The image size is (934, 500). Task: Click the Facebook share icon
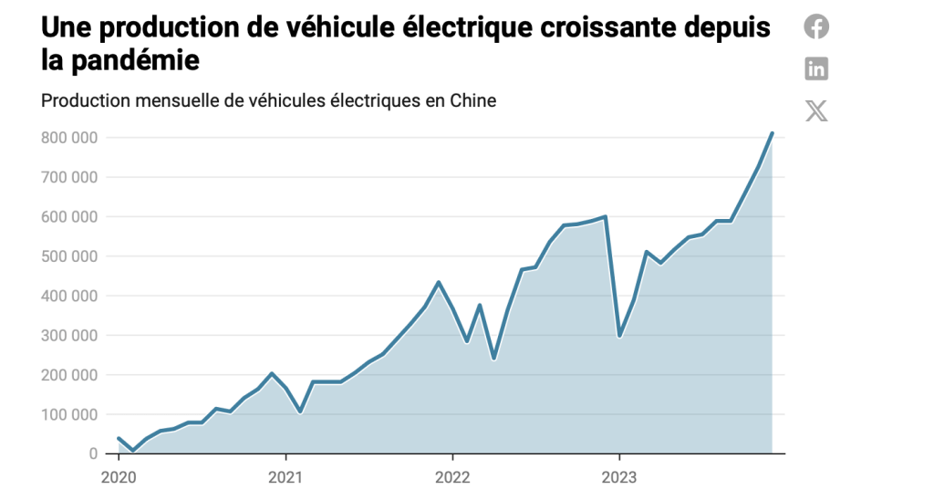coord(816,26)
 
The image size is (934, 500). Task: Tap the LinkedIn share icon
coord(816,68)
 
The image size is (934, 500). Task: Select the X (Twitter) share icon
coord(816,111)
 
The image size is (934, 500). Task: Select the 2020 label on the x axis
coord(118,476)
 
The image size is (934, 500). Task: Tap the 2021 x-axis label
coord(285,476)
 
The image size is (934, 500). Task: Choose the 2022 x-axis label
coord(452,476)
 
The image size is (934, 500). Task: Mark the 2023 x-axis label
coord(619,476)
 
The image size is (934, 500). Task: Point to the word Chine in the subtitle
coord(472,100)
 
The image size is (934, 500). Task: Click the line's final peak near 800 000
coord(772,133)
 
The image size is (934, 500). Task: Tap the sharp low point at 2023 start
coord(619,337)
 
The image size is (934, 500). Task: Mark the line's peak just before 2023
coord(606,216)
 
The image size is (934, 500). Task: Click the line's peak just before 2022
coord(439,282)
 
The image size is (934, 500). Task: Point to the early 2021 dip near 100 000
coord(299,412)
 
